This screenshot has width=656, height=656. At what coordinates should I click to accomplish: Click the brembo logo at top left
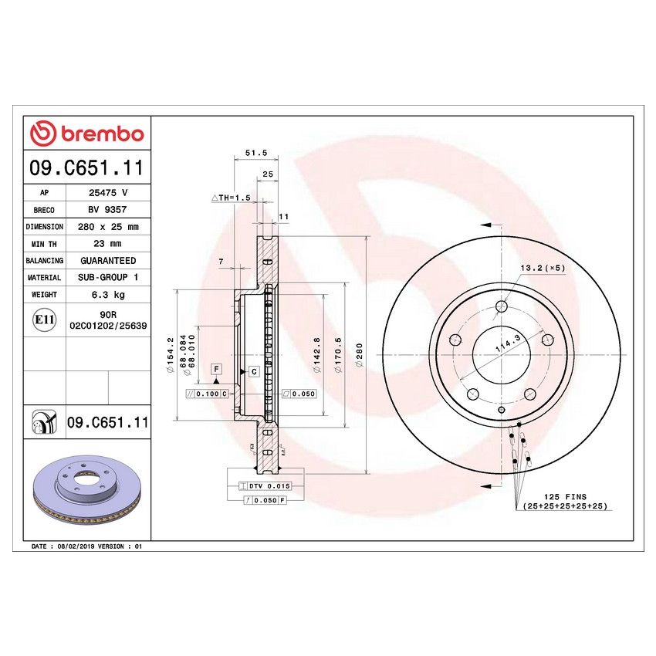click(x=86, y=134)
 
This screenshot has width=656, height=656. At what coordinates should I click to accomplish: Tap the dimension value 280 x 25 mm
click(x=107, y=227)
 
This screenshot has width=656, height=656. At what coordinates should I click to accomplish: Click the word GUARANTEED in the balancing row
click(x=107, y=261)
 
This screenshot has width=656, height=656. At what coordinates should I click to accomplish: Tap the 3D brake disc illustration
click(x=86, y=489)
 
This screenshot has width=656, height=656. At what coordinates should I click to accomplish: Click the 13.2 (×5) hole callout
click(x=543, y=268)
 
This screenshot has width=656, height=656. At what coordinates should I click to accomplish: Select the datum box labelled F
click(x=218, y=369)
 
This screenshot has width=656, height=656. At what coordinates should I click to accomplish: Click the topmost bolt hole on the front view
click(x=502, y=306)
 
